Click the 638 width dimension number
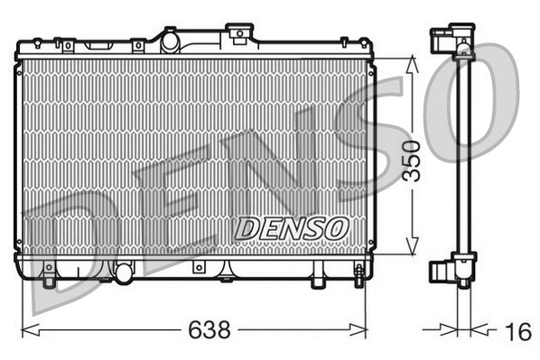[x=209, y=330]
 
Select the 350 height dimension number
[x=412, y=160]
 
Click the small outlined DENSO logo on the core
[x=290, y=228]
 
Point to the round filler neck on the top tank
[x=169, y=39]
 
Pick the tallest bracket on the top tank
[x=239, y=34]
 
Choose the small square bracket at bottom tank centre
[x=198, y=268]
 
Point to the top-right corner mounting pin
[x=343, y=41]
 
